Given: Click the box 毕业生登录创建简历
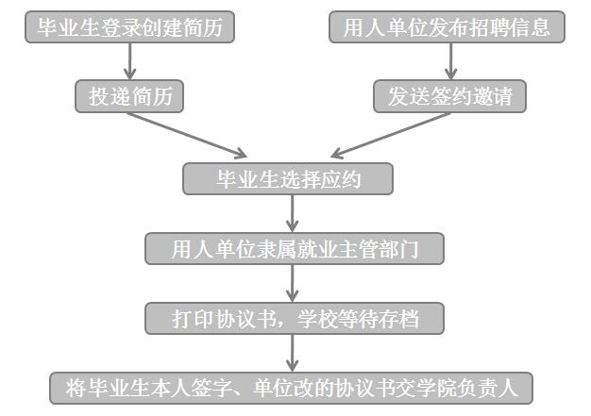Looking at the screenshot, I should coord(130,26).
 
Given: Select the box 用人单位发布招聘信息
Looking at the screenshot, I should coord(447,26).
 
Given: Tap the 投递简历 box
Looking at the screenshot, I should coord(129,96).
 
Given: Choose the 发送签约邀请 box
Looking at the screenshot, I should coord(449,96).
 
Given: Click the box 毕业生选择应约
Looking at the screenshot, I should coord(288,179).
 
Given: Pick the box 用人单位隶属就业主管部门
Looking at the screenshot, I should coord(294,249).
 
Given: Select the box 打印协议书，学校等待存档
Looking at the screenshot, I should coord(294,318).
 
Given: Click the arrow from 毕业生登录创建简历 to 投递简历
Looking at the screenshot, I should coord(131,61).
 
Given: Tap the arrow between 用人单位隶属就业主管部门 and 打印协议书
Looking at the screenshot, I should coord(294,283).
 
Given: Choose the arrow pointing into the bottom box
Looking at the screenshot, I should coord(294,353).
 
